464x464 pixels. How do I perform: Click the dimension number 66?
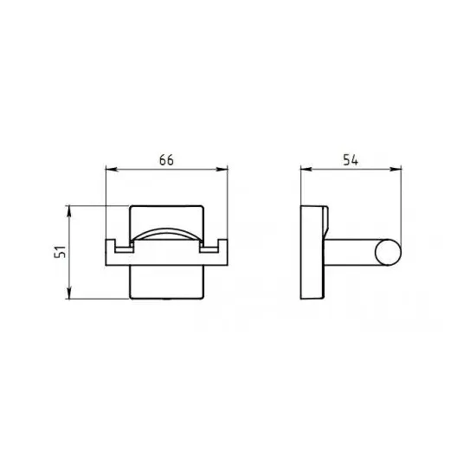click(166, 160)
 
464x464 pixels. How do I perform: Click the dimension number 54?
click(351, 160)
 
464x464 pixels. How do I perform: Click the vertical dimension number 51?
click(60, 252)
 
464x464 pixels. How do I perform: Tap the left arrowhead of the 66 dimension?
click(112, 170)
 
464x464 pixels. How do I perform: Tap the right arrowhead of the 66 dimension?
click(222, 170)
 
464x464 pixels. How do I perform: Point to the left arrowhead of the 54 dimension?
click(306, 170)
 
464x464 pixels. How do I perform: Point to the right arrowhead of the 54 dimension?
click(396, 170)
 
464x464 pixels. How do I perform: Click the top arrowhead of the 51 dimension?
click(69, 211)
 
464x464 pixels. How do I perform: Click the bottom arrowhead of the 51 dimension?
click(69, 293)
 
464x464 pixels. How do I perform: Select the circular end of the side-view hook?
click(388, 253)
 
